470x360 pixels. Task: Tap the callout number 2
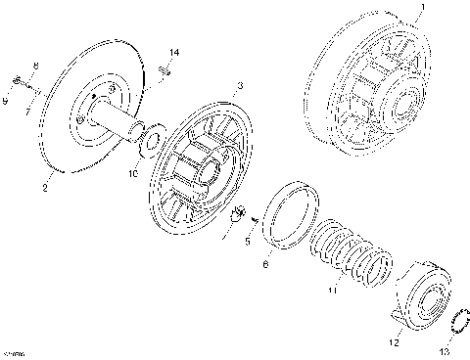click(x=45, y=184)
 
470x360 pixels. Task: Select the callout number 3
click(x=239, y=87)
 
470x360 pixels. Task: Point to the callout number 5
click(x=248, y=241)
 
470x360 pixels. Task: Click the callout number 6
click(x=264, y=263)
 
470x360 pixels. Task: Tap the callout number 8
click(x=35, y=67)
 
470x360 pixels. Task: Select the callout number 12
click(x=394, y=343)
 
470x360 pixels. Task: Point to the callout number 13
click(x=446, y=350)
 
